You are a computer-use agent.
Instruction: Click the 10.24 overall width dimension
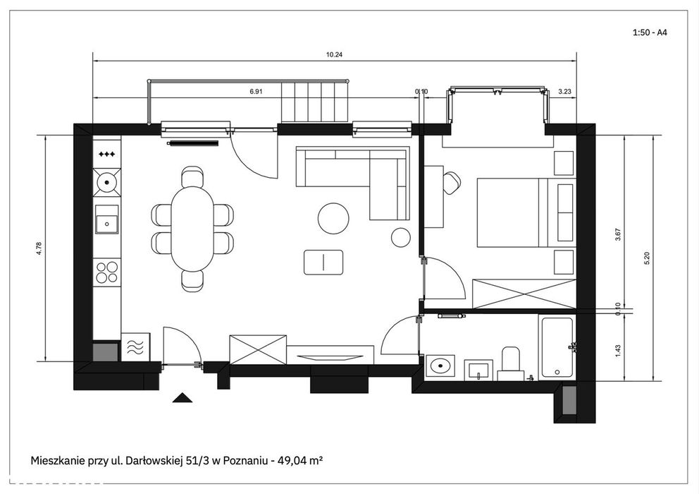pyautogui.click(x=334, y=55)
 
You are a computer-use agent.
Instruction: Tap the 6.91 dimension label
pyautogui.click(x=256, y=91)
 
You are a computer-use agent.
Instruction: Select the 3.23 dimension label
pyautogui.click(x=564, y=91)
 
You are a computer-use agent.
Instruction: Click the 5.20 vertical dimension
pyautogui.click(x=647, y=258)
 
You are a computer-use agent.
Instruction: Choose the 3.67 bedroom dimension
pyautogui.click(x=618, y=234)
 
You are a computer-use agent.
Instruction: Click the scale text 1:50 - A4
pyautogui.click(x=650, y=32)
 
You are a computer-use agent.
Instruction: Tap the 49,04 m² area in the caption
pyautogui.click(x=300, y=461)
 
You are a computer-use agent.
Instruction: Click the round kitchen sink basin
pyautogui.click(x=106, y=182)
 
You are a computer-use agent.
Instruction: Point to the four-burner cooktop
pyautogui.click(x=107, y=272)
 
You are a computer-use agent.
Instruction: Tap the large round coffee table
pyautogui.click(x=333, y=218)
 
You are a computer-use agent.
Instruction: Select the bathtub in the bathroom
pyautogui.click(x=557, y=348)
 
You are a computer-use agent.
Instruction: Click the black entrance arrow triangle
pyautogui.click(x=183, y=397)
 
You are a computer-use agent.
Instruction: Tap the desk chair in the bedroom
pyautogui.click(x=452, y=183)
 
